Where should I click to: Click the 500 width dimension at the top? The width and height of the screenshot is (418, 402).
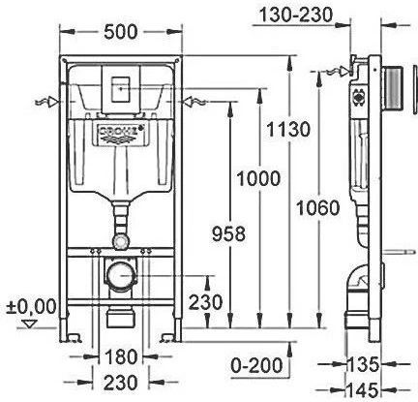click(120, 32)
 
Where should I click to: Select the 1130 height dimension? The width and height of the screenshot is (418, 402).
click(288, 130)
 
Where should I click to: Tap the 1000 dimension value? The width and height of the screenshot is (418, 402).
click(258, 178)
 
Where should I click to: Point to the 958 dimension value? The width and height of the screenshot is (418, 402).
click(229, 233)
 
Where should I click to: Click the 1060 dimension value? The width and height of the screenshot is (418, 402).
click(318, 207)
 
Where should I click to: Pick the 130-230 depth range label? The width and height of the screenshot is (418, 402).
click(296, 15)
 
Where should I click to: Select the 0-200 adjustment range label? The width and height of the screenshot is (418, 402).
click(256, 365)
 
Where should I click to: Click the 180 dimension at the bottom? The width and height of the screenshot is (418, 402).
click(120, 356)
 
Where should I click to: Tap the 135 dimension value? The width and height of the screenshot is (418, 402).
click(363, 364)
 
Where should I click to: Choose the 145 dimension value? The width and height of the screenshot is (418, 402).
click(363, 389)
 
